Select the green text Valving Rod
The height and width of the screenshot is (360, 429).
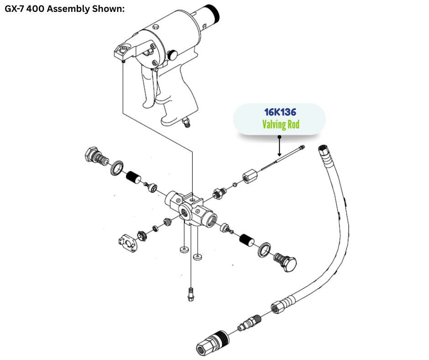point(280,124)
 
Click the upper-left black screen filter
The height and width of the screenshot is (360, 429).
point(133,177)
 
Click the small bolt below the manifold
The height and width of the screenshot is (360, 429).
point(190,294)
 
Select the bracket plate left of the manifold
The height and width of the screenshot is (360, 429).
point(127,243)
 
